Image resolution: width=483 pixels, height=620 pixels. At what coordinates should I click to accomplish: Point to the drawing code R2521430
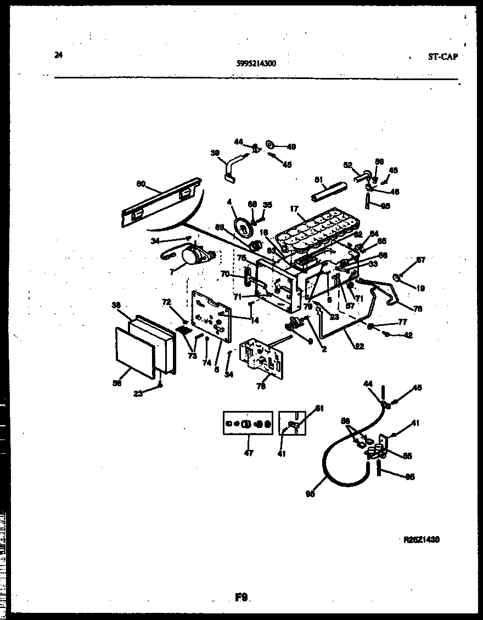click(421, 539)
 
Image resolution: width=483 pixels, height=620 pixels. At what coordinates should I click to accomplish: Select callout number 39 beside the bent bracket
click(215, 154)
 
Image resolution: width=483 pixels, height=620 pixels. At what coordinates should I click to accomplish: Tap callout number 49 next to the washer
click(291, 146)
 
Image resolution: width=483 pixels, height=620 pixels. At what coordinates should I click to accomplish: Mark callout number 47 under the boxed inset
click(248, 453)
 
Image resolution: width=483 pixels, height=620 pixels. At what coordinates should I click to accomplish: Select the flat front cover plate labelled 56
click(134, 351)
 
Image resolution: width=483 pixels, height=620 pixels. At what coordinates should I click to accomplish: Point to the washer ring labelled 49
click(271, 144)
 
